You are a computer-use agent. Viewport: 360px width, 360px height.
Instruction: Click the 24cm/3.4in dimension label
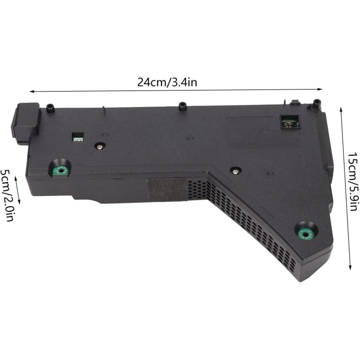tap(167, 82)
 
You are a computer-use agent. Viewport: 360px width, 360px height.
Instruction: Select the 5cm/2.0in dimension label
tap(7, 195)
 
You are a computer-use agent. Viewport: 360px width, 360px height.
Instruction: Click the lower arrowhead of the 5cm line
tap(19, 202)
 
